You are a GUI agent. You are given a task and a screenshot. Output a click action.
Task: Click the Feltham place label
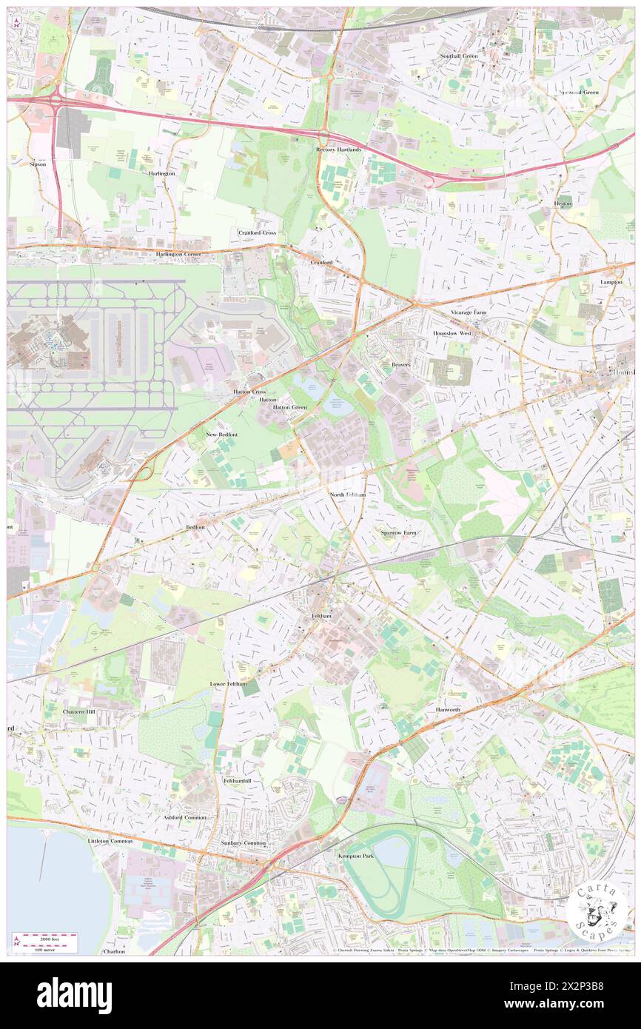click(x=320, y=616)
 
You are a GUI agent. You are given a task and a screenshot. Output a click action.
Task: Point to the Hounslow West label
click(x=452, y=334)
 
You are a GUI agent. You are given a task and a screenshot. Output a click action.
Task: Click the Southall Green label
click(x=459, y=56)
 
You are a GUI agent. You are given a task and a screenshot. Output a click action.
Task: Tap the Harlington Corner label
click(x=178, y=254)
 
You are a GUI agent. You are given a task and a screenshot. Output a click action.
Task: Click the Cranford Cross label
click(x=257, y=232)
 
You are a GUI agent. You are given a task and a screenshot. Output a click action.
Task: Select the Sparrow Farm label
click(x=398, y=533)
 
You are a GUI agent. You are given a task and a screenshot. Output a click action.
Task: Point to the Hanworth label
click(x=448, y=709)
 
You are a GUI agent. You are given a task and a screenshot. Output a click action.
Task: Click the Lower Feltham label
click(x=227, y=683)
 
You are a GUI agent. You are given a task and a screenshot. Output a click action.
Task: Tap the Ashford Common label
click(x=185, y=817)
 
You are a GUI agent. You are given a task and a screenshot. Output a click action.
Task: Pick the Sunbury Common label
click(x=244, y=843)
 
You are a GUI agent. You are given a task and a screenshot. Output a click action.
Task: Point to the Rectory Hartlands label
click(x=339, y=150)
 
